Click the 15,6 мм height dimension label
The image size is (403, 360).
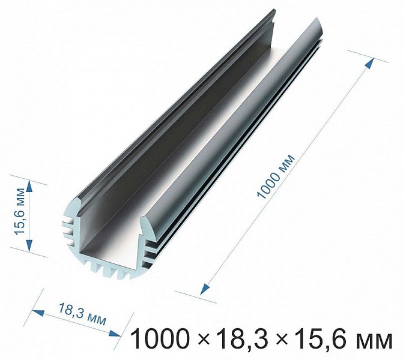click(x=20, y=211)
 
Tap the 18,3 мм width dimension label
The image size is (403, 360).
click(x=83, y=314)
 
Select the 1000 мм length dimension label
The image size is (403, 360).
click(x=276, y=176)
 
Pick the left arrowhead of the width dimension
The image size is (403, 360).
click(x=37, y=313)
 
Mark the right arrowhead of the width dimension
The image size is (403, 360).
click(x=114, y=333)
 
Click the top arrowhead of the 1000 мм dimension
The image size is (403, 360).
click(x=369, y=64)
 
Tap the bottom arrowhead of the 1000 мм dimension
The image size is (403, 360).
click(x=205, y=289)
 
